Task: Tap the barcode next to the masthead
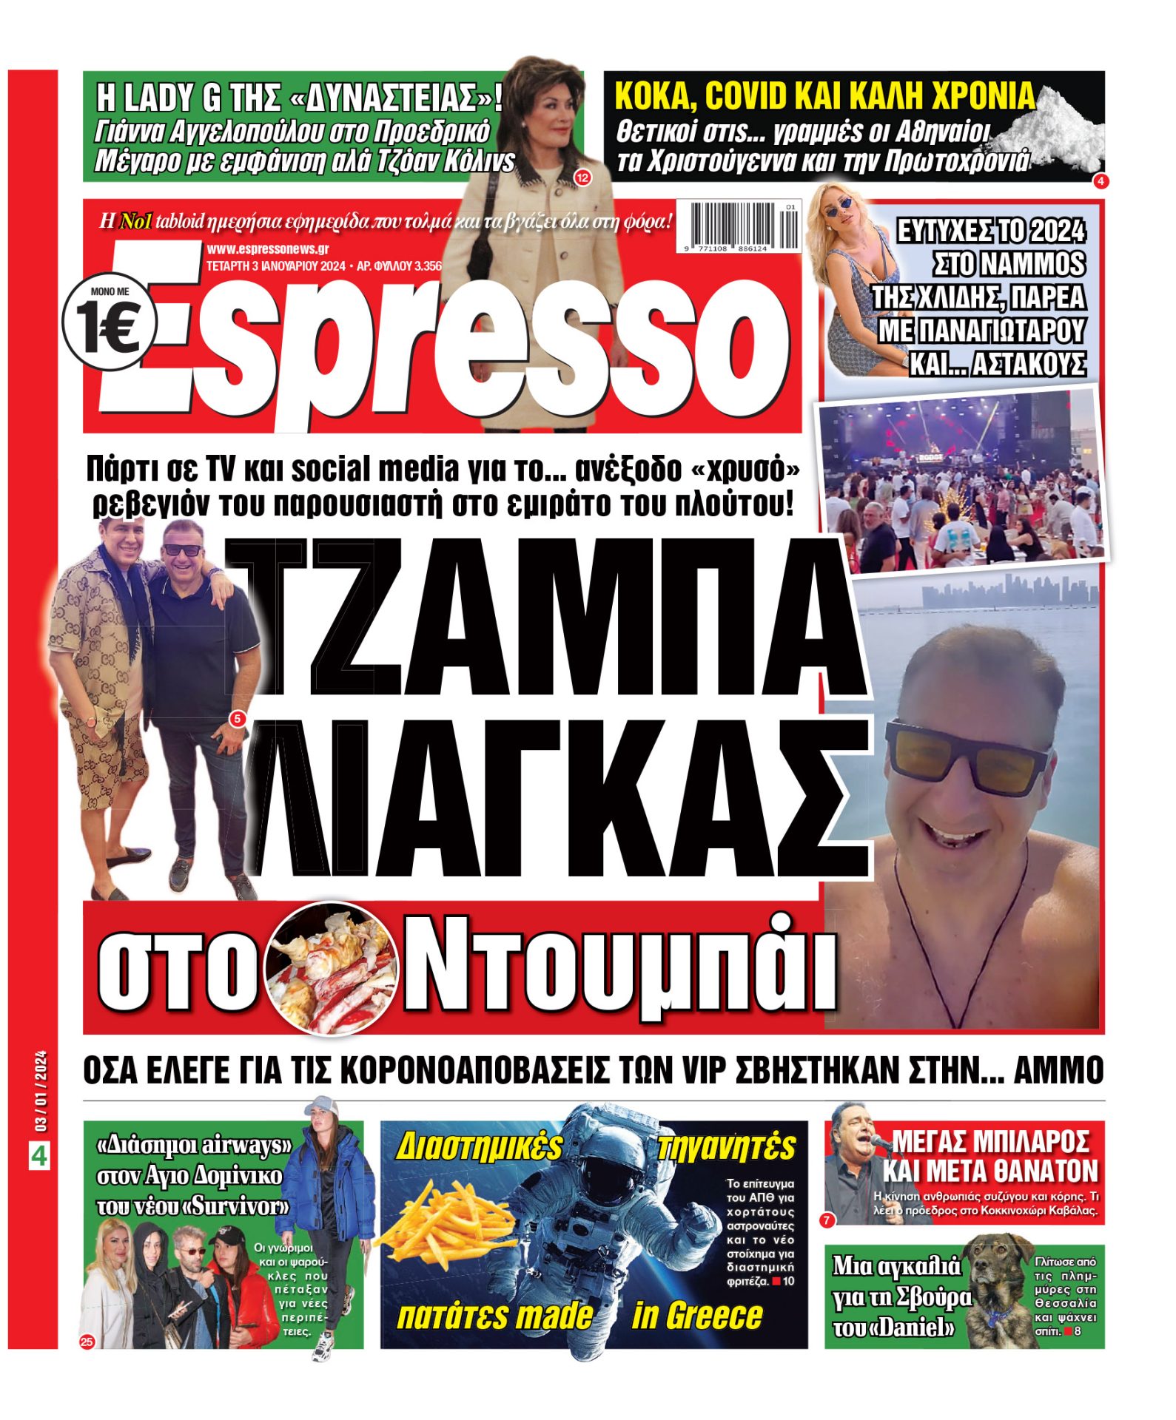point(746,226)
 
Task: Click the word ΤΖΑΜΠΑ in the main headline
point(548,616)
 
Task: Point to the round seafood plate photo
point(331,969)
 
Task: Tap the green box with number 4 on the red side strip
point(38,1156)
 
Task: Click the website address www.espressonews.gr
point(267,250)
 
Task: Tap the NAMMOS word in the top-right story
point(1008,264)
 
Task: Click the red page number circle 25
point(87,1342)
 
